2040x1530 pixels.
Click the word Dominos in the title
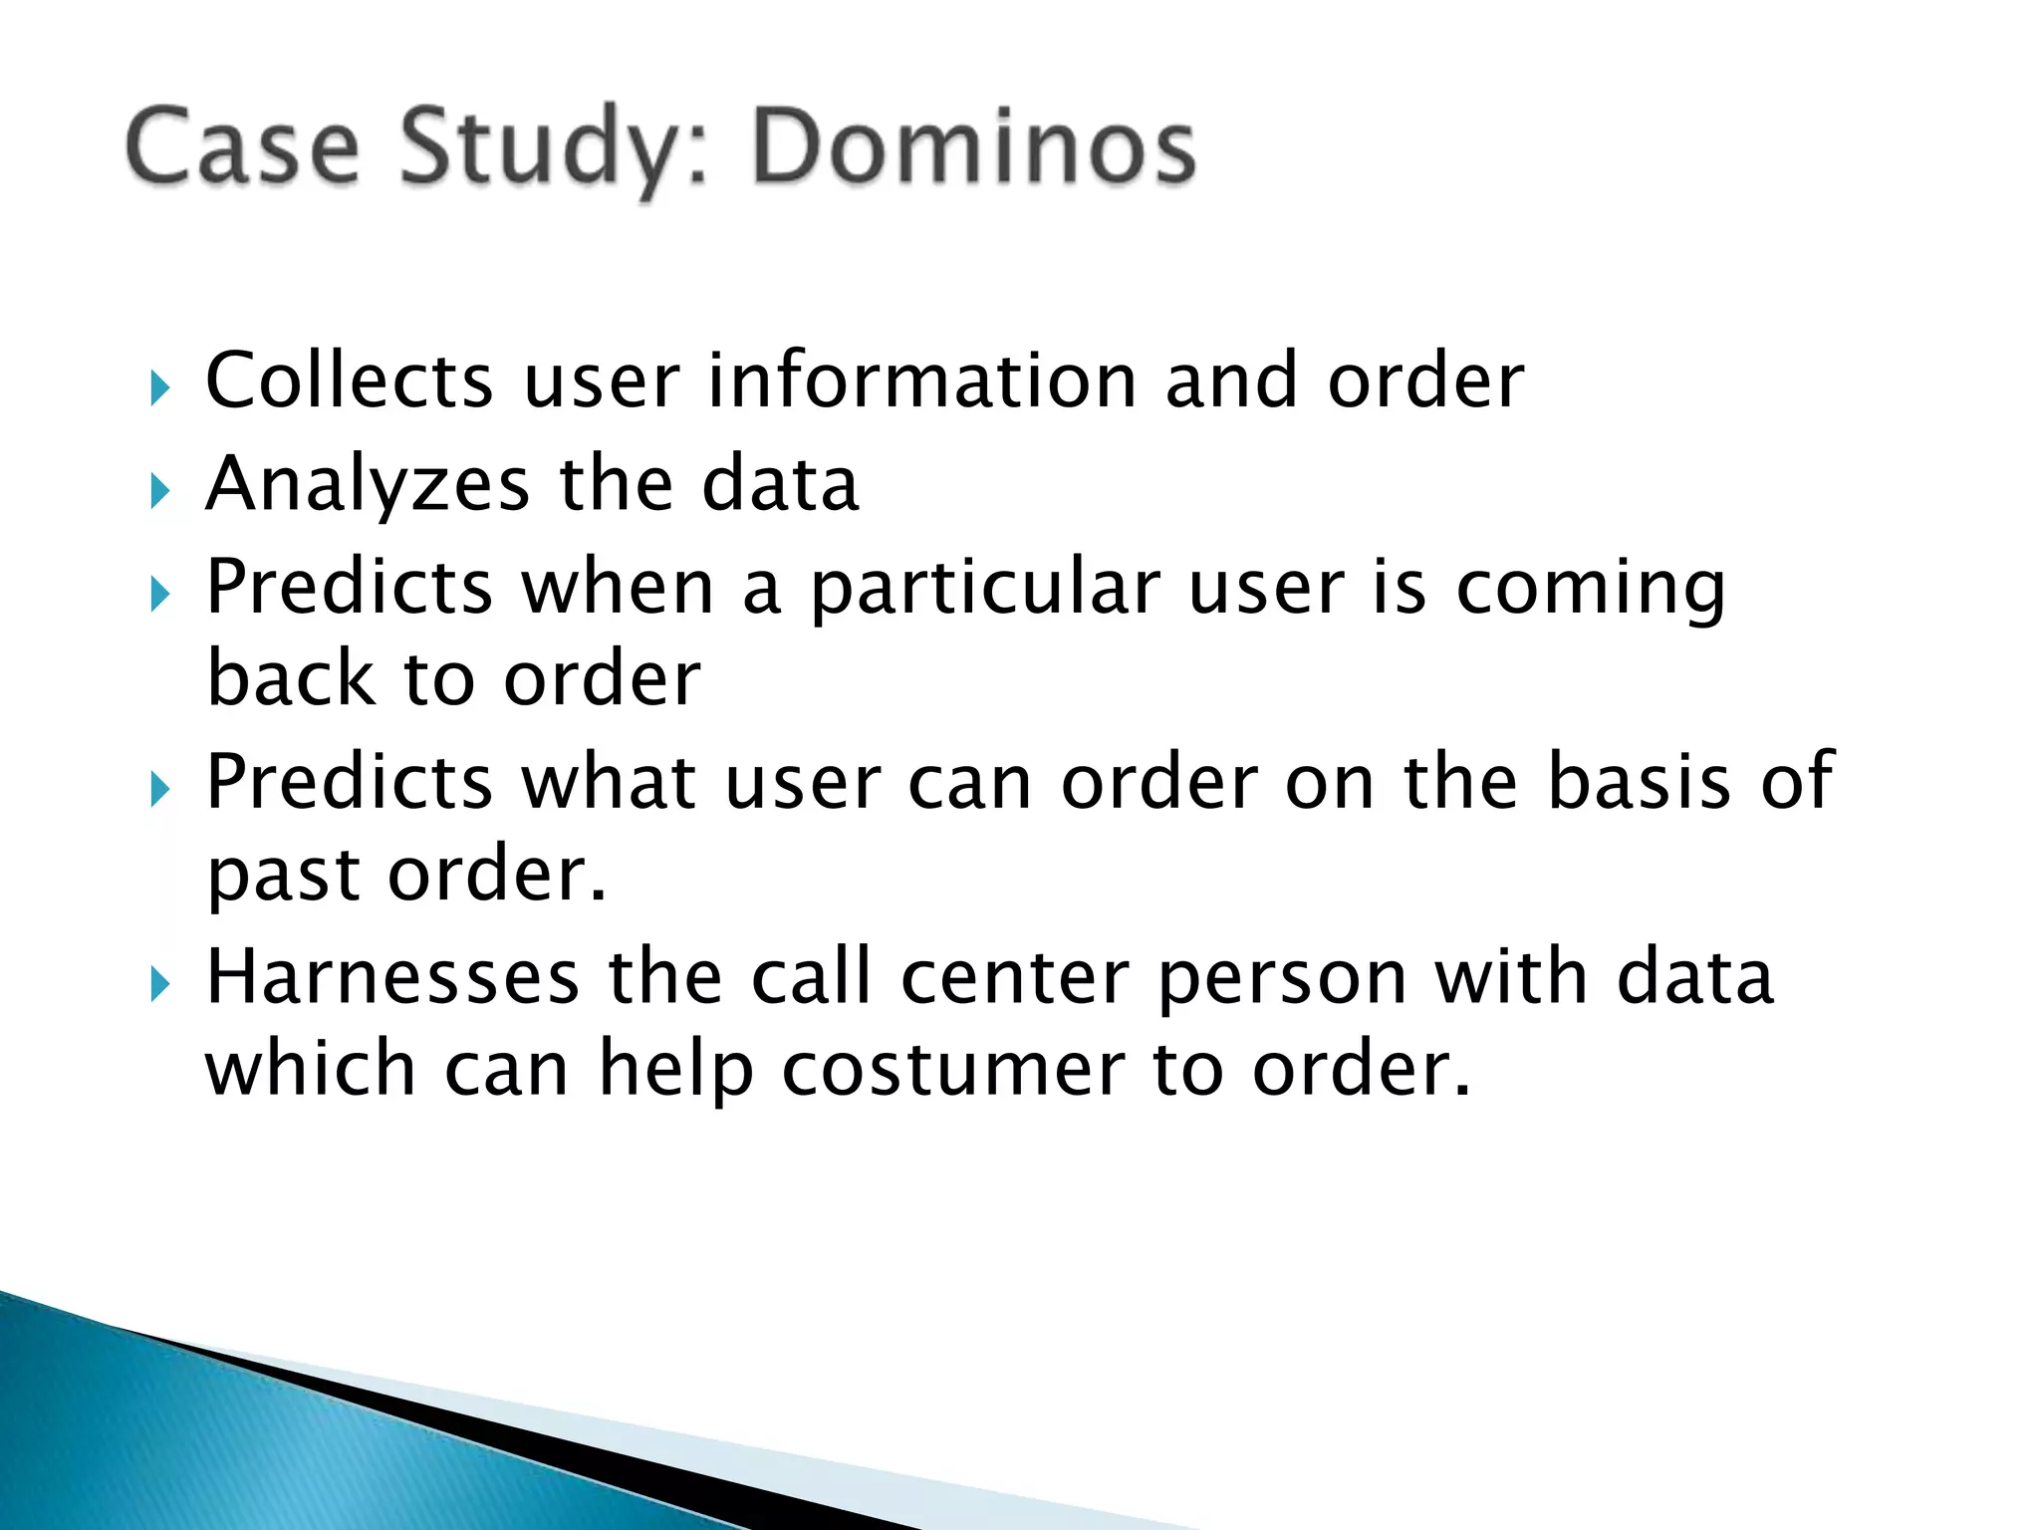[x=973, y=147]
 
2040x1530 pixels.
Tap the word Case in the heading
[x=242, y=147]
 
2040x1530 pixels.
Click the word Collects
[x=349, y=381]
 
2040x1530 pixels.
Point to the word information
[x=921, y=381]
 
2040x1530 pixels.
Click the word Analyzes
[x=367, y=485]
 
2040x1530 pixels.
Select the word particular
[x=984, y=590]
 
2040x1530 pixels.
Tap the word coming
[x=1591, y=590]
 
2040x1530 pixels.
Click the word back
[x=290, y=678]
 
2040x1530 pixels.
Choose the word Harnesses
[x=392, y=976]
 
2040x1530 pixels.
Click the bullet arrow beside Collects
[x=160, y=387]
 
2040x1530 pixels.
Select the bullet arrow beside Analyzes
[x=160, y=491]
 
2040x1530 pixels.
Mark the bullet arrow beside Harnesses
[x=160, y=985]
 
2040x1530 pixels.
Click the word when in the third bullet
[x=618, y=588]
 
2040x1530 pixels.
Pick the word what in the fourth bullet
[x=610, y=781]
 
